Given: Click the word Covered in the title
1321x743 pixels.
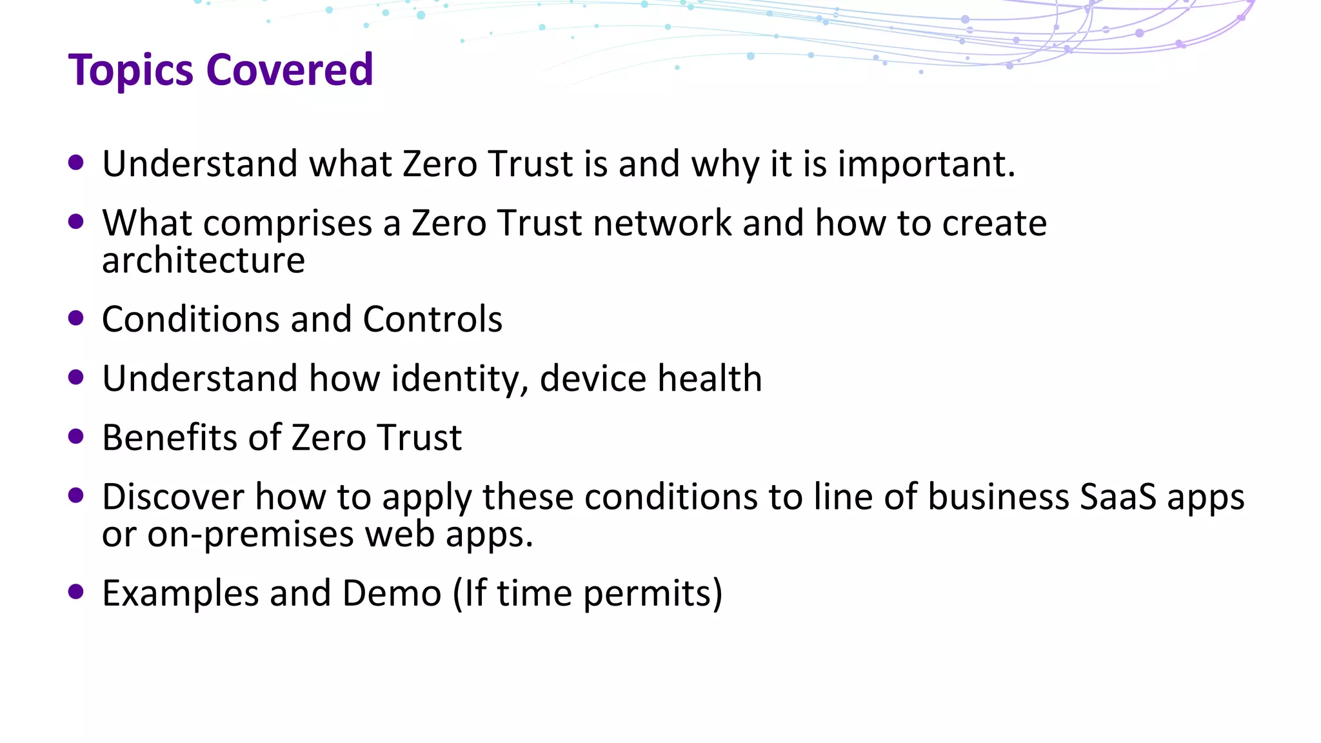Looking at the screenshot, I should coord(290,70).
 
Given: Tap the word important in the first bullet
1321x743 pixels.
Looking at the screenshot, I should coord(926,164).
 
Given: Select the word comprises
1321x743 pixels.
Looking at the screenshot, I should coord(288,224).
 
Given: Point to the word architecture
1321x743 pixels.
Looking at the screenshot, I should coord(203,261).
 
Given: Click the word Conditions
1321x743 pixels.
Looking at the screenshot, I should coord(190,319).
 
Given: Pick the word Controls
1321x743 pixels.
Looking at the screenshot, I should coord(432,319).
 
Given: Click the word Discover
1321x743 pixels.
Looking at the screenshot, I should coord(173,497).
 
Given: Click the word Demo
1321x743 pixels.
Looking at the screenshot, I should coord(392,593).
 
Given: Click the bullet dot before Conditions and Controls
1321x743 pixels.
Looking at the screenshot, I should coord(76,318).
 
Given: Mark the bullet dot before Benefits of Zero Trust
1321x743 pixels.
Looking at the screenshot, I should coord(76,437).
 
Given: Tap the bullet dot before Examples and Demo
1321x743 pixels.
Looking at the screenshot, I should coord(76,592).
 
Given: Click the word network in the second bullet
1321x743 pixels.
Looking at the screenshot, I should coord(662,224).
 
